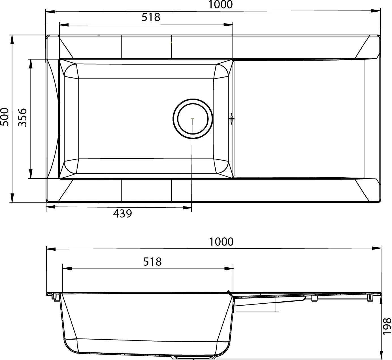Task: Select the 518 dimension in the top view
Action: (151, 17)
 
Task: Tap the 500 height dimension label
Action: (5, 117)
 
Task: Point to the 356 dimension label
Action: (22, 117)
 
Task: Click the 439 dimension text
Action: (123, 213)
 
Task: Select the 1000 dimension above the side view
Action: (221, 242)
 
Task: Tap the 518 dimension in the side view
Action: (152, 262)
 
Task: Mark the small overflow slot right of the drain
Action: (232, 118)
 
